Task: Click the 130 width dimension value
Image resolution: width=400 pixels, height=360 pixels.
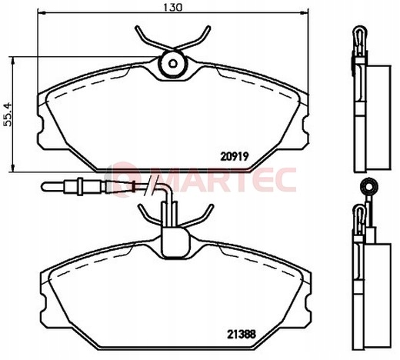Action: click(x=172, y=7)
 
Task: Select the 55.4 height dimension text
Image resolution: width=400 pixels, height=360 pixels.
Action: click(x=7, y=115)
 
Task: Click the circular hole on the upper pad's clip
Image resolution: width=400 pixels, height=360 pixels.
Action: click(x=172, y=65)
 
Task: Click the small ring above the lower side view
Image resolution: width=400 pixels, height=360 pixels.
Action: click(x=368, y=185)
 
